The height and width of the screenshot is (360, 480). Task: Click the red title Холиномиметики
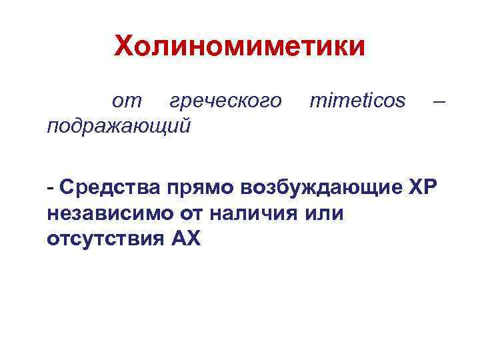[x=239, y=47]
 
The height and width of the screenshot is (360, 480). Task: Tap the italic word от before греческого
[x=127, y=102]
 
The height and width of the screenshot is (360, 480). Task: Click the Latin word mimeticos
[x=357, y=102]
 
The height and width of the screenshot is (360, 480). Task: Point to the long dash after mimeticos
[x=438, y=102]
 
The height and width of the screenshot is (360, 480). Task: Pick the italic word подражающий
[x=119, y=125]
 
